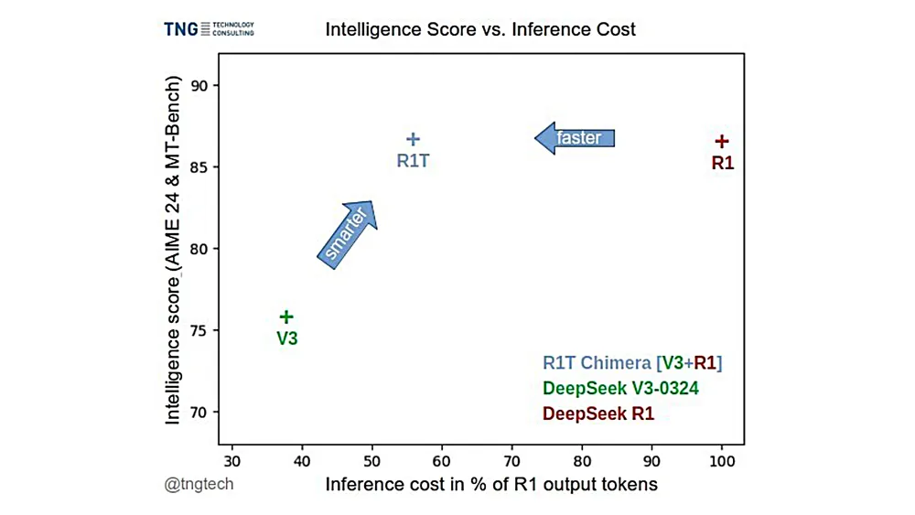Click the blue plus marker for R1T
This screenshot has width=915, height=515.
point(413,139)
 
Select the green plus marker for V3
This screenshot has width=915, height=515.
point(286,317)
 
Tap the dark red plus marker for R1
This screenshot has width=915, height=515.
point(722,141)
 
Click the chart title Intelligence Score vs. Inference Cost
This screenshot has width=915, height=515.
point(480,29)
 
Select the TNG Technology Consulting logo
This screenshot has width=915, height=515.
point(209,29)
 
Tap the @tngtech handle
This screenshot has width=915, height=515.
point(199,484)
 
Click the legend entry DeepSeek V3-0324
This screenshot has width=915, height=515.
point(620,389)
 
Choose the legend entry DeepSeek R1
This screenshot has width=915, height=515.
point(598,414)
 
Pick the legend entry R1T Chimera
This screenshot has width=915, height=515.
point(632,363)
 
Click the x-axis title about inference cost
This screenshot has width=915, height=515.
point(491,484)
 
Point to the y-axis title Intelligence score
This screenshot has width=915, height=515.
point(174,249)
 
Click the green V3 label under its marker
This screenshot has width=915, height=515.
point(287,338)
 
